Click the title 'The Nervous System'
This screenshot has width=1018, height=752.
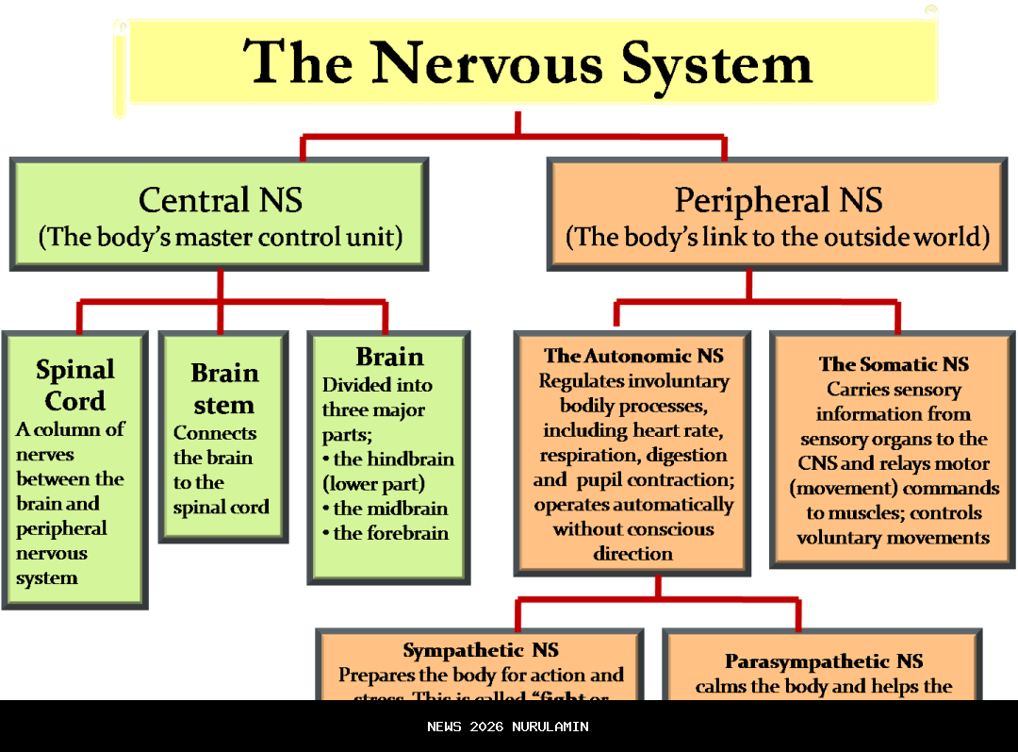pos(528,62)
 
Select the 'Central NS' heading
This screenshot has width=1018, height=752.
pos(221,200)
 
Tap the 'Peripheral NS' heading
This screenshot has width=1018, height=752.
pos(779,200)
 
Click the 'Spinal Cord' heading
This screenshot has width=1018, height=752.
pos(75,385)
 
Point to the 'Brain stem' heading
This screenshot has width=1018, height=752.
pos(223,389)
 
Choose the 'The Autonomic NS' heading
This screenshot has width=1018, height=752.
pos(633,356)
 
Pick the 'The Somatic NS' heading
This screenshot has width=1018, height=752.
pos(894,364)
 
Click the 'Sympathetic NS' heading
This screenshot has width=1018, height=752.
pos(481,650)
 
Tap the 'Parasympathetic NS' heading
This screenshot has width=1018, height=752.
pos(824,661)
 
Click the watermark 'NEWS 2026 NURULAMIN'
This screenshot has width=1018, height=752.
pos(508,727)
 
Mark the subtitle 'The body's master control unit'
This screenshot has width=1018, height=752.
pos(221,236)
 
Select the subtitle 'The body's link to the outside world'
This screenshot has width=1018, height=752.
pos(779,236)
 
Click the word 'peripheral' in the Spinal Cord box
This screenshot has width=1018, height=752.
pos(61,528)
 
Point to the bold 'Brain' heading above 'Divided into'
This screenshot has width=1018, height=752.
pos(389,357)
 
